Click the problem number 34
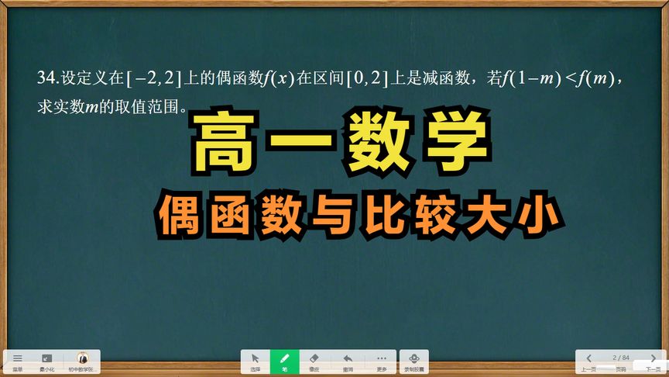(46, 78)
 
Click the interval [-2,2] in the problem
(153, 78)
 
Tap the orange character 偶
(185, 210)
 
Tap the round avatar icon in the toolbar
(82, 358)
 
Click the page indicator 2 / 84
(621, 357)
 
